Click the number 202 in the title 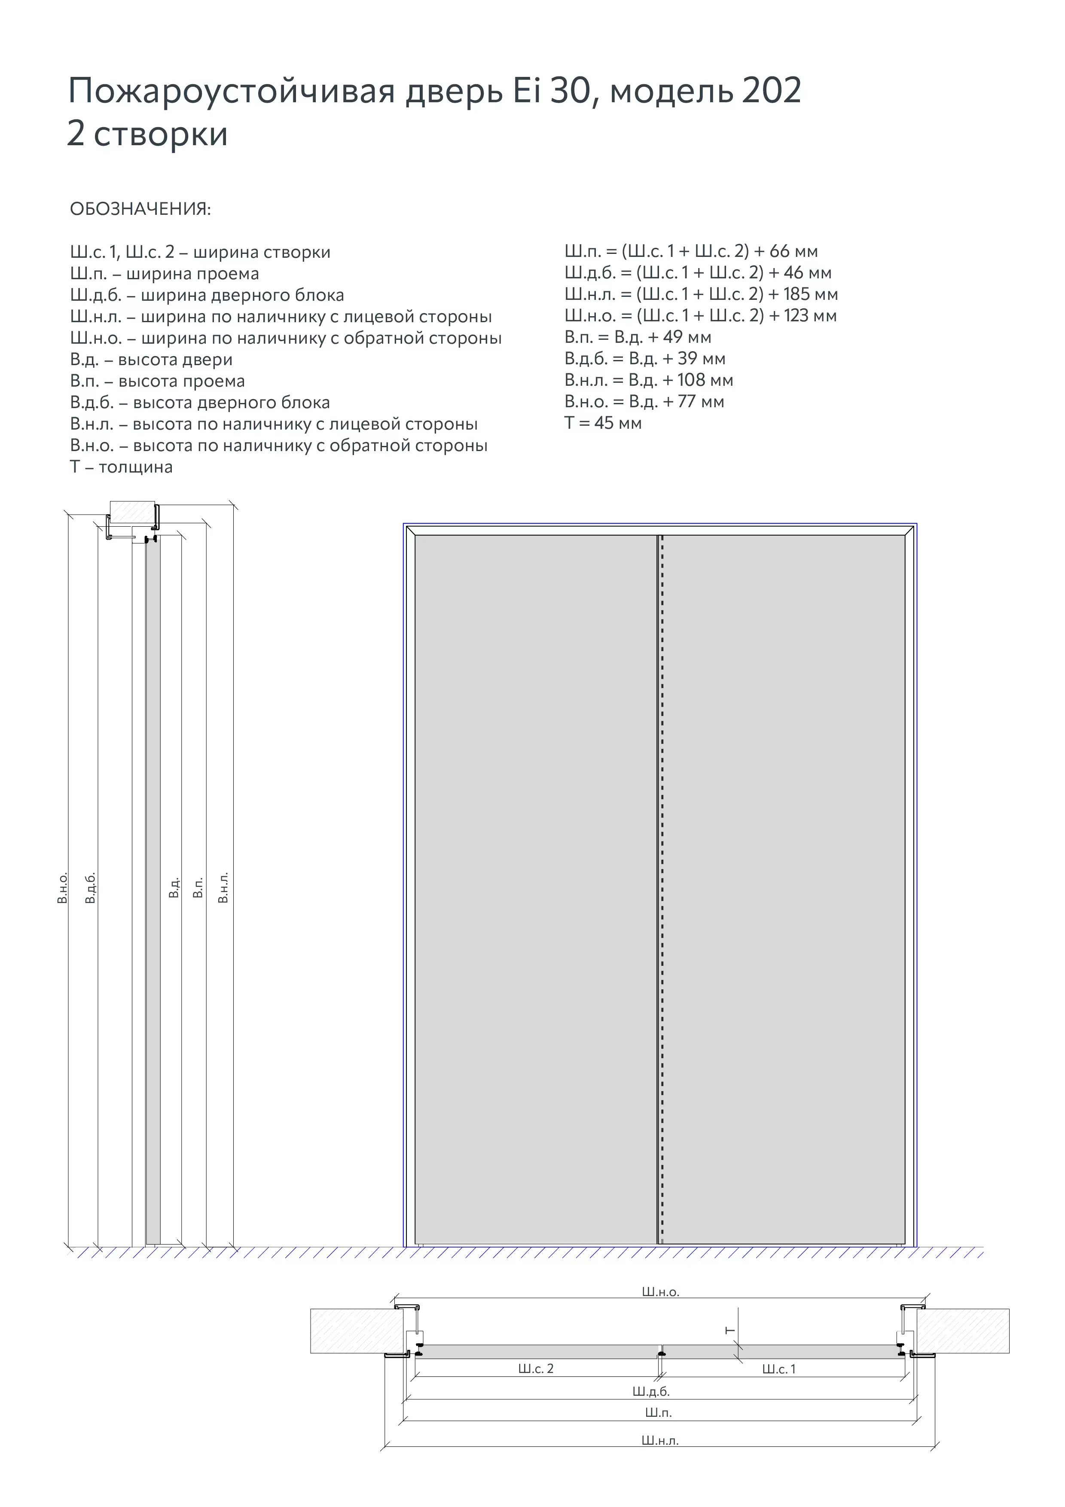[772, 91]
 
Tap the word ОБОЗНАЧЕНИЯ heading [140, 209]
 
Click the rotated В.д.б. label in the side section [91, 888]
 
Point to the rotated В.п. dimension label [198, 888]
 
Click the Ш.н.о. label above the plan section [660, 1292]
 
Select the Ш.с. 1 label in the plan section [778, 1369]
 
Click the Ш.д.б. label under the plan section [651, 1391]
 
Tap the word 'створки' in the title [161, 134]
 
